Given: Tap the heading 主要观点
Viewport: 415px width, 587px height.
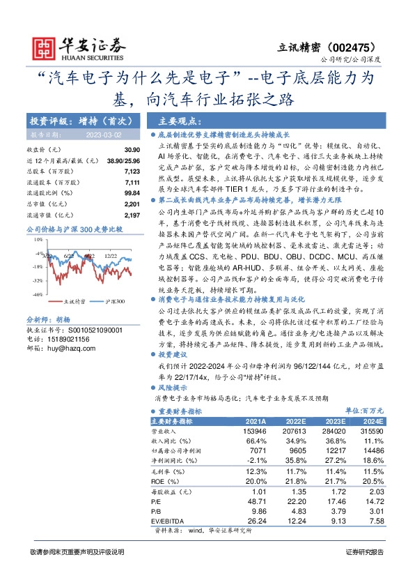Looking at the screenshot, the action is pos(180,120).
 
